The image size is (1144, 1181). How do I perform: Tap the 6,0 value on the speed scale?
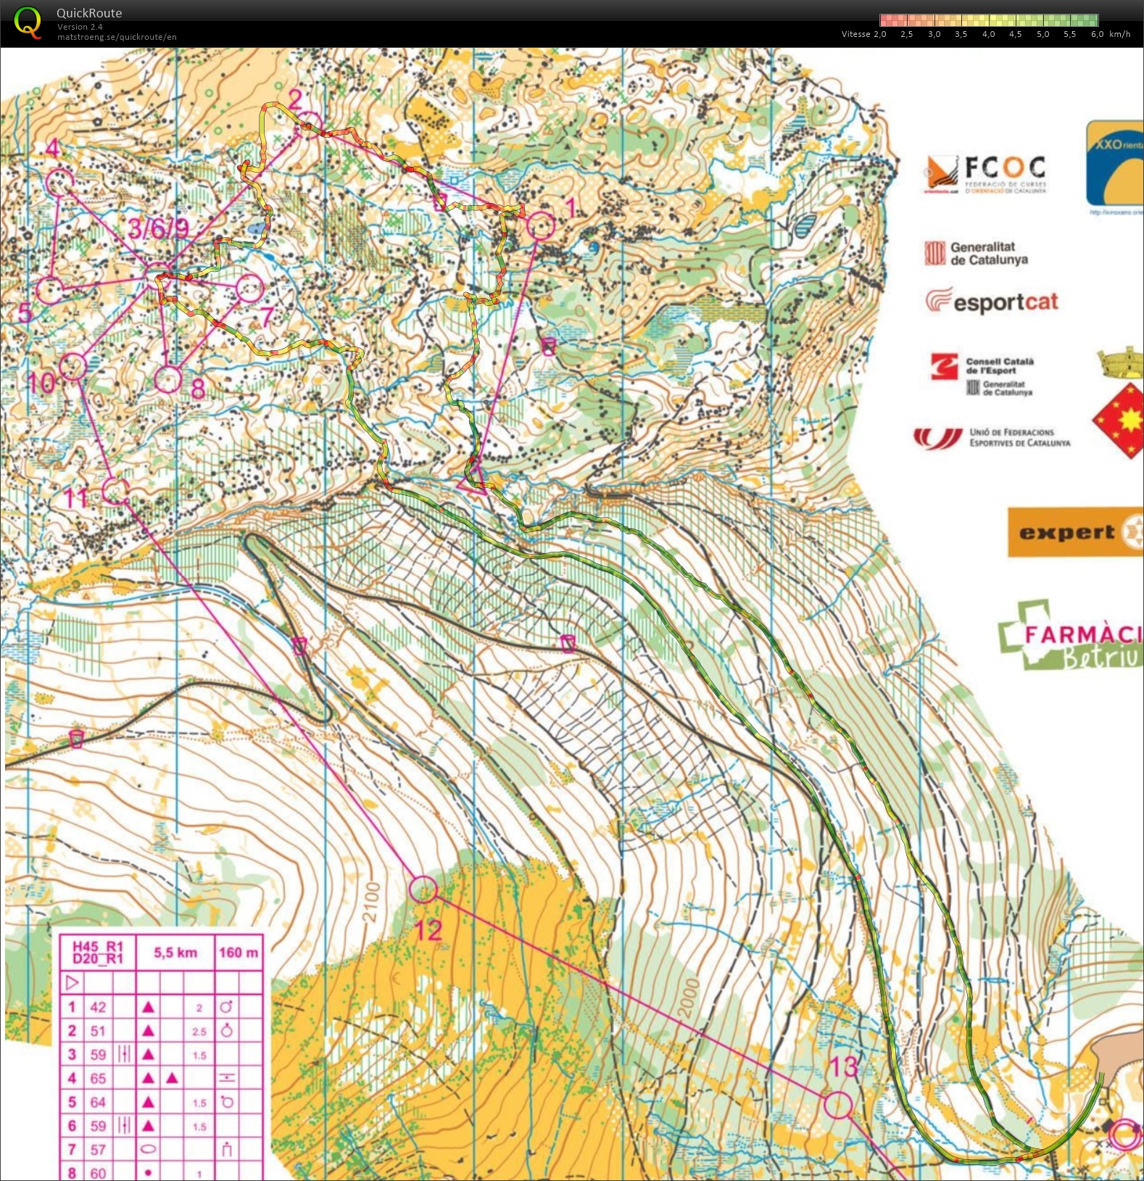1097,34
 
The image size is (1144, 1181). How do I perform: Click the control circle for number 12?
423,889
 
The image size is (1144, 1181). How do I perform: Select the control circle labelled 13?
838,1106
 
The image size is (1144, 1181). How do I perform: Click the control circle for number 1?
541,226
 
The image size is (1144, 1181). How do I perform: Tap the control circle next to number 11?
115,491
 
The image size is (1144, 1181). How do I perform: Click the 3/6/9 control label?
157,228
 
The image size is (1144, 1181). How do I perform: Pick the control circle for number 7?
249,289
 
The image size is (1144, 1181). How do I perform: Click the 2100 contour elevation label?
371,902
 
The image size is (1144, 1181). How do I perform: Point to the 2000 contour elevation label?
689,998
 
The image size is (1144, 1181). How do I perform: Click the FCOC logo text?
1005,168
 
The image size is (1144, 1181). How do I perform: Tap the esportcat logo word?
1006,302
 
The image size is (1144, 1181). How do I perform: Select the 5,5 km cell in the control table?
175,953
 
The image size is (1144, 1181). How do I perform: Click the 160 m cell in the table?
239,953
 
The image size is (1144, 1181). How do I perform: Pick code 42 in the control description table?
98,1007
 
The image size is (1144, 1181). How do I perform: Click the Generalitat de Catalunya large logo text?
988,253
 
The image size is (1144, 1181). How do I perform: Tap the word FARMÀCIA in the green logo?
1080,634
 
